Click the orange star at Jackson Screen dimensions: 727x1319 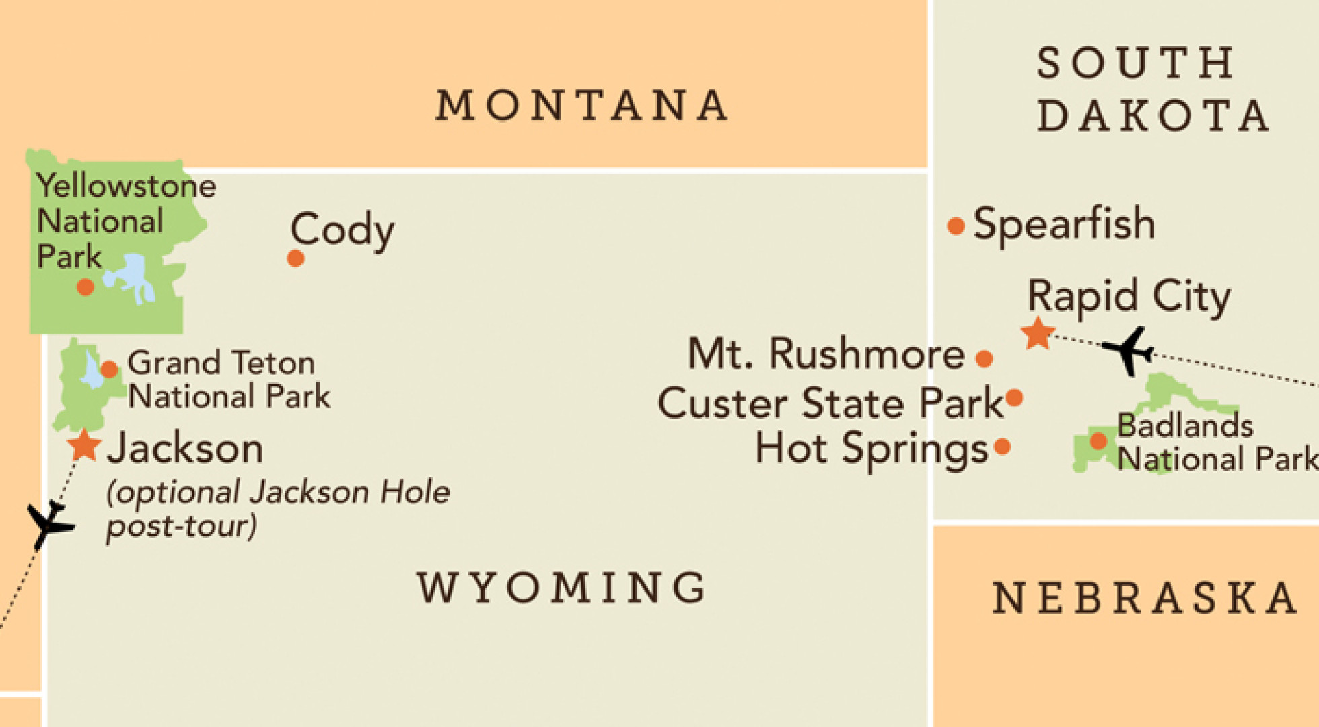[84, 446]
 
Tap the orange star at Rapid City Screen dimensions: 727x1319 [1038, 333]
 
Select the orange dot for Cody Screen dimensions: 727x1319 [295, 258]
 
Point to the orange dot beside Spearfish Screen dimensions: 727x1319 [956, 226]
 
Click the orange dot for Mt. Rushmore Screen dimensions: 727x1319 [984, 358]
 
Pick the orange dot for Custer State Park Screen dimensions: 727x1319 [1014, 398]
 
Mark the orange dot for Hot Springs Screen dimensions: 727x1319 [1002, 446]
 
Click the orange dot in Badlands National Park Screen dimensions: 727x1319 [1098, 441]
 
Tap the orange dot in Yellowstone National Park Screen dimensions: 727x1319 [85, 287]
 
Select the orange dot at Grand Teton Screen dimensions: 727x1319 [109, 369]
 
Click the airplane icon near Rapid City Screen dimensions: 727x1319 [1129, 351]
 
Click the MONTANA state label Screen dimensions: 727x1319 [581, 106]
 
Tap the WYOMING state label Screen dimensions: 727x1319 [561, 588]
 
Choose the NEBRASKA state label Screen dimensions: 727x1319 [1145, 598]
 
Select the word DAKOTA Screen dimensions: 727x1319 [1153, 116]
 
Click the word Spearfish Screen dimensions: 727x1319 [1064, 224]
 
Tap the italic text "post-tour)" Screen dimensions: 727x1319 [182, 526]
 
